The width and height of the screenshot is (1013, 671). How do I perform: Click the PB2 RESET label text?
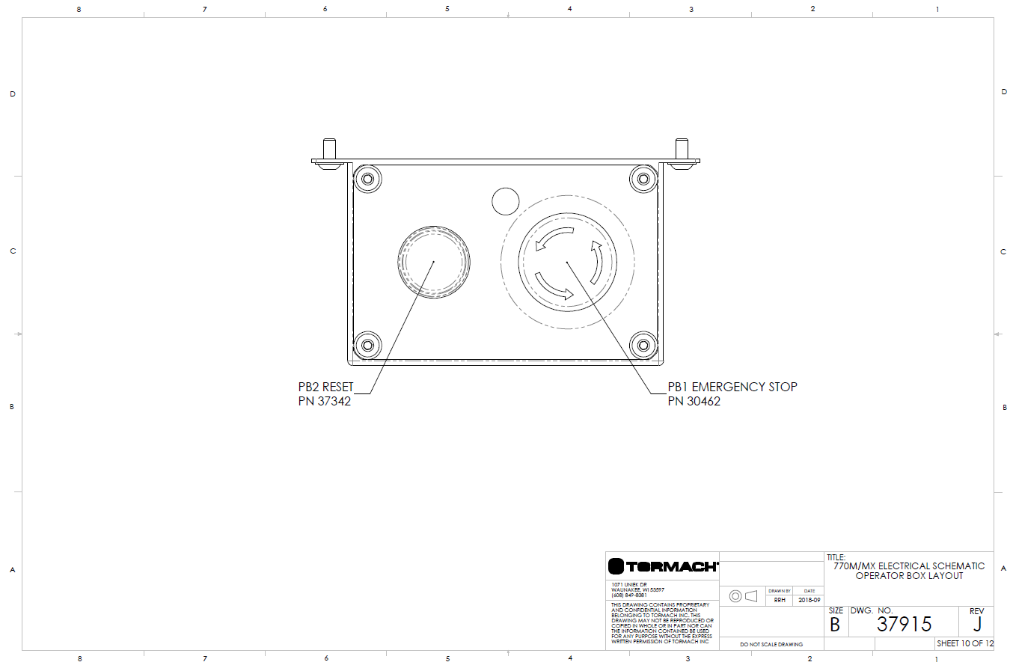tap(325, 387)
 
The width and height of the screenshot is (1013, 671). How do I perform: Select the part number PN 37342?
tap(324, 401)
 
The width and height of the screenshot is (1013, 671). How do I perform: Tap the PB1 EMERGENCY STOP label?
tap(732, 387)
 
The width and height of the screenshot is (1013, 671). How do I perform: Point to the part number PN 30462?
tap(694, 401)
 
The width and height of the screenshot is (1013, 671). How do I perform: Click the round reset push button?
tap(434, 262)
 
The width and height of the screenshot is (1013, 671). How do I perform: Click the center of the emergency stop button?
tap(568, 262)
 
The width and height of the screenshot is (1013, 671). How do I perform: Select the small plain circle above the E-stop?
tap(506, 201)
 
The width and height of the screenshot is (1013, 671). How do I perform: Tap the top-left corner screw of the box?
tap(367, 180)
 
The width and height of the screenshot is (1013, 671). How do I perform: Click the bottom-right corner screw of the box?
tap(643, 345)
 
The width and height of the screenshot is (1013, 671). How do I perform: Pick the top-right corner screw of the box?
tap(643, 180)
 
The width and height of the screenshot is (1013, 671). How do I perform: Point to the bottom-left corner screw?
tap(367, 345)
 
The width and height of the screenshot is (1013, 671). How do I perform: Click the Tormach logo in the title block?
tap(662, 566)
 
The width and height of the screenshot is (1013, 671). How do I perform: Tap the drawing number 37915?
tap(904, 624)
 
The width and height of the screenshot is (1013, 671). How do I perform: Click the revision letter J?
tap(977, 624)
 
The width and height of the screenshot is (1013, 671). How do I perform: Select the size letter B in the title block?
tap(835, 625)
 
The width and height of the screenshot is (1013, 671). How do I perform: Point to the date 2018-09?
tap(809, 600)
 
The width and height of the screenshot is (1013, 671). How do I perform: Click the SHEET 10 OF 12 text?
tap(964, 643)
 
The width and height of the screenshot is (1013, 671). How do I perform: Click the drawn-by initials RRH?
tap(780, 600)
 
